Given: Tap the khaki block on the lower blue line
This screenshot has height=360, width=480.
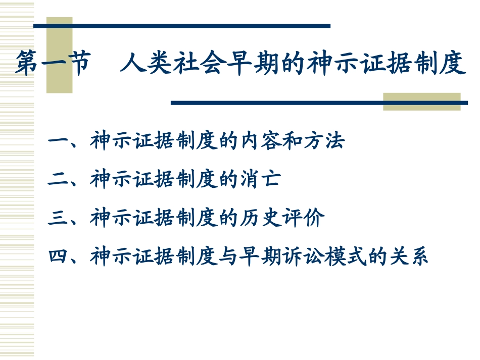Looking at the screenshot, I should pos(421,101).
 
